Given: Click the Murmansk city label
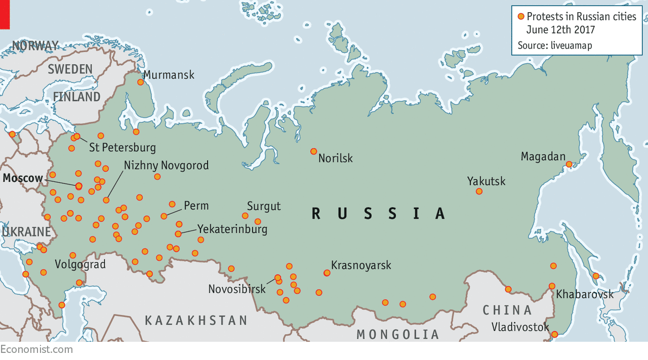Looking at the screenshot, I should click(x=169, y=75).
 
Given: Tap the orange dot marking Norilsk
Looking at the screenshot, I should click(x=313, y=151).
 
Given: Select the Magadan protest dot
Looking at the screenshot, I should click(x=569, y=164).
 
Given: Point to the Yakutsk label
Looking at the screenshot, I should click(x=486, y=181).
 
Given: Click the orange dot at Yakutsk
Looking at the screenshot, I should click(x=479, y=191).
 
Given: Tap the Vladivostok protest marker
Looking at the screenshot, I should click(x=554, y=334).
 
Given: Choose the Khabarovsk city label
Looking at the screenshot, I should click(x=585, y=294).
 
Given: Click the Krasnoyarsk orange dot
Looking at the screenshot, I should click(x=327, y=273).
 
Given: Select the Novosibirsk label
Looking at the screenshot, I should click(x=237, y=289).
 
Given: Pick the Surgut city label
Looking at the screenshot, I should click(x=264, y=206).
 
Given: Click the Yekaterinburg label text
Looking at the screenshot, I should click(x=232, y=229).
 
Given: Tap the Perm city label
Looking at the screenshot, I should click(x=196, y=206).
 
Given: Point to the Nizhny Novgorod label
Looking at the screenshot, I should click(x=166, y=166).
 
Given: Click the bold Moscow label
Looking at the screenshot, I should click(x=23, y=178).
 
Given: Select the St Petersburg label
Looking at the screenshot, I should click(x=122, y=148).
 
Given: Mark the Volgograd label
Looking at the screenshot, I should click(x=80, y=264).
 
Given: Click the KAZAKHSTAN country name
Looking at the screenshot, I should click(x=196, y=321).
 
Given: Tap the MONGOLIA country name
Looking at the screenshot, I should click(x=398, y=334).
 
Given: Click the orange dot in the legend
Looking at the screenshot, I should click(x=521, y=16).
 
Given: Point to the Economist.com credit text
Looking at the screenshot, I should click(x=36, y=349).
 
